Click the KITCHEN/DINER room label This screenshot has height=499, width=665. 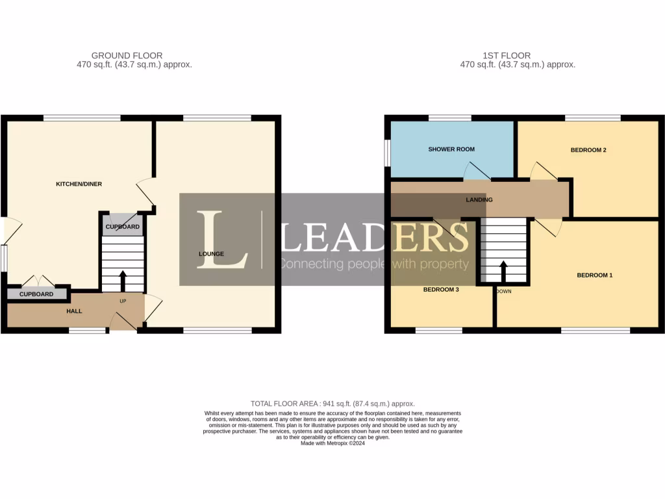[79, 185]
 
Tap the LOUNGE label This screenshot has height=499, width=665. [211, 254]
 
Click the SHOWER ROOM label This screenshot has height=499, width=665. [451, 149]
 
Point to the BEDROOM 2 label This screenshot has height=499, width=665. [588, 150]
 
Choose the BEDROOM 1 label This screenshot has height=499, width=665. [594, 275]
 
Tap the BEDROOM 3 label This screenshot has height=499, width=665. [441, 290]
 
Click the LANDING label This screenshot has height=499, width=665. [479, 200]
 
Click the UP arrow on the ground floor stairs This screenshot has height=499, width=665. [122, 281]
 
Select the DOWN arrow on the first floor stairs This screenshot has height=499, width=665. [503, 270]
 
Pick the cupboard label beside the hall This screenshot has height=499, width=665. [36, 294]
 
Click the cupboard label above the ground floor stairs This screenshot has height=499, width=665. [122, 227]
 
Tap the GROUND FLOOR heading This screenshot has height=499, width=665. [127, 56]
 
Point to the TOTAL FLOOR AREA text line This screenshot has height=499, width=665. [332, 403]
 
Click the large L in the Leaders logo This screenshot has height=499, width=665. [221, 239]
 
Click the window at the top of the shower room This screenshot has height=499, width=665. [449, 118]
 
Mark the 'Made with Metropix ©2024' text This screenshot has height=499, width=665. [332, 444]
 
